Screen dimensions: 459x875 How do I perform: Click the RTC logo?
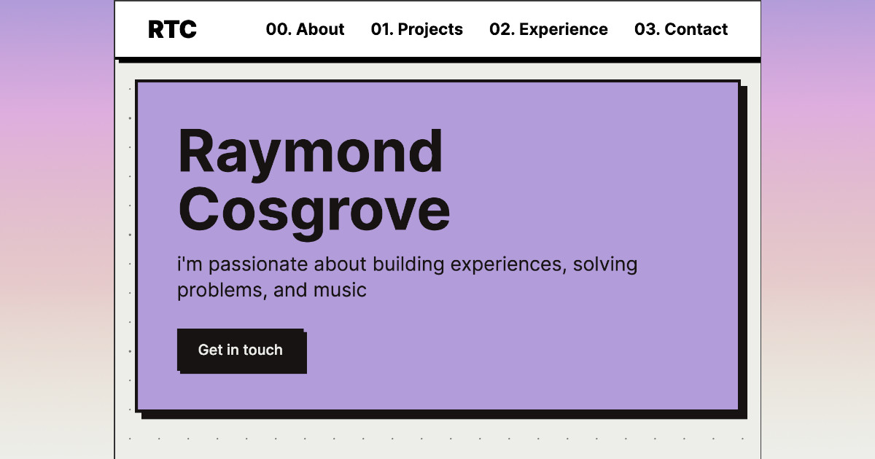click(172, 29)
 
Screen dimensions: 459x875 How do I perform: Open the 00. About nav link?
click(305, 29)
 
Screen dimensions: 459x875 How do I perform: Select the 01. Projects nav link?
click(416, 29)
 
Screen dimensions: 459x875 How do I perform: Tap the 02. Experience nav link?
click(548, 29)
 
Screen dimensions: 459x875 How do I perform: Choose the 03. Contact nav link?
click(681, 29)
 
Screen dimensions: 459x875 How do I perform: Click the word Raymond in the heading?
click(310, 151)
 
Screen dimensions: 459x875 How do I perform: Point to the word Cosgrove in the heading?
click(314, 209)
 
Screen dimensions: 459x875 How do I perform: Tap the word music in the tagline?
click(340, 290)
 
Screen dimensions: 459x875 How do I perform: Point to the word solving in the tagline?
click(605, 264)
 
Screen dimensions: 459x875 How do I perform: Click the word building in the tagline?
click(408, 264)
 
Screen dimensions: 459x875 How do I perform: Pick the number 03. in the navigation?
click(647, 29)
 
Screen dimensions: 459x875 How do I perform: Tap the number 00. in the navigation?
click(279, 29)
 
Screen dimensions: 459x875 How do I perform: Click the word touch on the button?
click(262, 350)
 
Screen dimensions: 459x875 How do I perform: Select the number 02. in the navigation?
click(502, 29)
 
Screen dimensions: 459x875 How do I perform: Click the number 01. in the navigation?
click(382, 29)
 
